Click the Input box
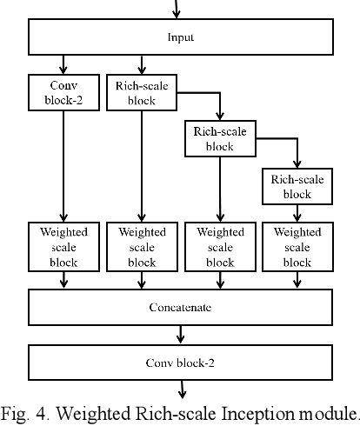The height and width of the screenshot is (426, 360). (x=180, y=37)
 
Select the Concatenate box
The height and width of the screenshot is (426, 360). (x=180, y=307)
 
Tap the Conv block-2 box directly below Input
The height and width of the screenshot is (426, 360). (x=63, y=91)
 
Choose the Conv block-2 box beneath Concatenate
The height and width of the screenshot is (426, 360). (x=180, y=362)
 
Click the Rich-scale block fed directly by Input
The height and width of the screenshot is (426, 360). (x=141, y=91)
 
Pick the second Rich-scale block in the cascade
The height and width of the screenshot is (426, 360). (x=220, y=139)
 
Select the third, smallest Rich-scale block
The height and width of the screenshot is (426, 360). (x=297, y=187)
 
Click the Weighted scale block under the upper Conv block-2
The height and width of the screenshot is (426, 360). (x=63, y=247)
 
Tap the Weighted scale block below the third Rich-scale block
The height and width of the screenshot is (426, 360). (x=297, y=247)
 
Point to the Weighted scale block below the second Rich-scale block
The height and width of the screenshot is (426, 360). (x=220, y=247)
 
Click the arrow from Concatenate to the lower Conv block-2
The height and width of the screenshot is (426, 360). (x=180, y=335)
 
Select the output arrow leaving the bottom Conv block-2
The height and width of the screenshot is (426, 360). (x=180, y=388)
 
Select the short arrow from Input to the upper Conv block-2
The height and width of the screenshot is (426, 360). (x=63, y=64)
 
